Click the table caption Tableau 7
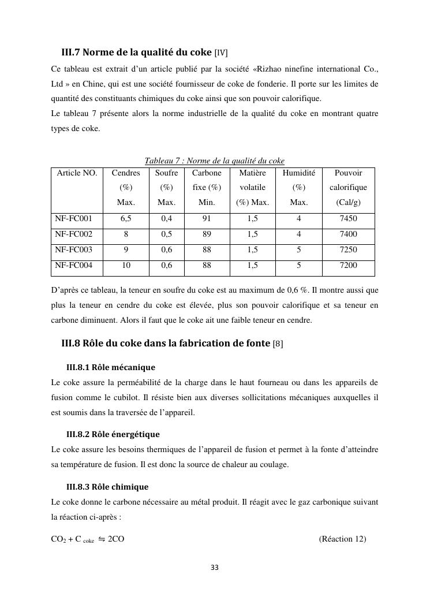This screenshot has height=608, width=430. [214, 161]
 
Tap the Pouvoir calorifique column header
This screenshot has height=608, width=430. [348, 188]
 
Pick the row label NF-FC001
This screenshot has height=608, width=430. [69, 219]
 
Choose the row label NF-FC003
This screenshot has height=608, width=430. [69, 250]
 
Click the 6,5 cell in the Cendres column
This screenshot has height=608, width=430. [126, 219]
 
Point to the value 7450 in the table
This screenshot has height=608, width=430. [348, 219]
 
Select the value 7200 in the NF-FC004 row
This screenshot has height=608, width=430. [348, 266]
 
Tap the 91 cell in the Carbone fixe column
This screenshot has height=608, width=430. [207, 219]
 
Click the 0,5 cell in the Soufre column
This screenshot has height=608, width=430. [166, 234]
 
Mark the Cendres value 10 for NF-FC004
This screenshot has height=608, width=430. [126, 266]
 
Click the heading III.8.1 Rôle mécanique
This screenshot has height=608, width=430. [111, 367]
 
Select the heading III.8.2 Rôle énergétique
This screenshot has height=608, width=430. [113, 434]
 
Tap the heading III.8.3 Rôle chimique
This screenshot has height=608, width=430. [107, 487]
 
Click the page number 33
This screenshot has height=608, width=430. [215, 568]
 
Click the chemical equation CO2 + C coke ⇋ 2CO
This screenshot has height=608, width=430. [88, 539]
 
